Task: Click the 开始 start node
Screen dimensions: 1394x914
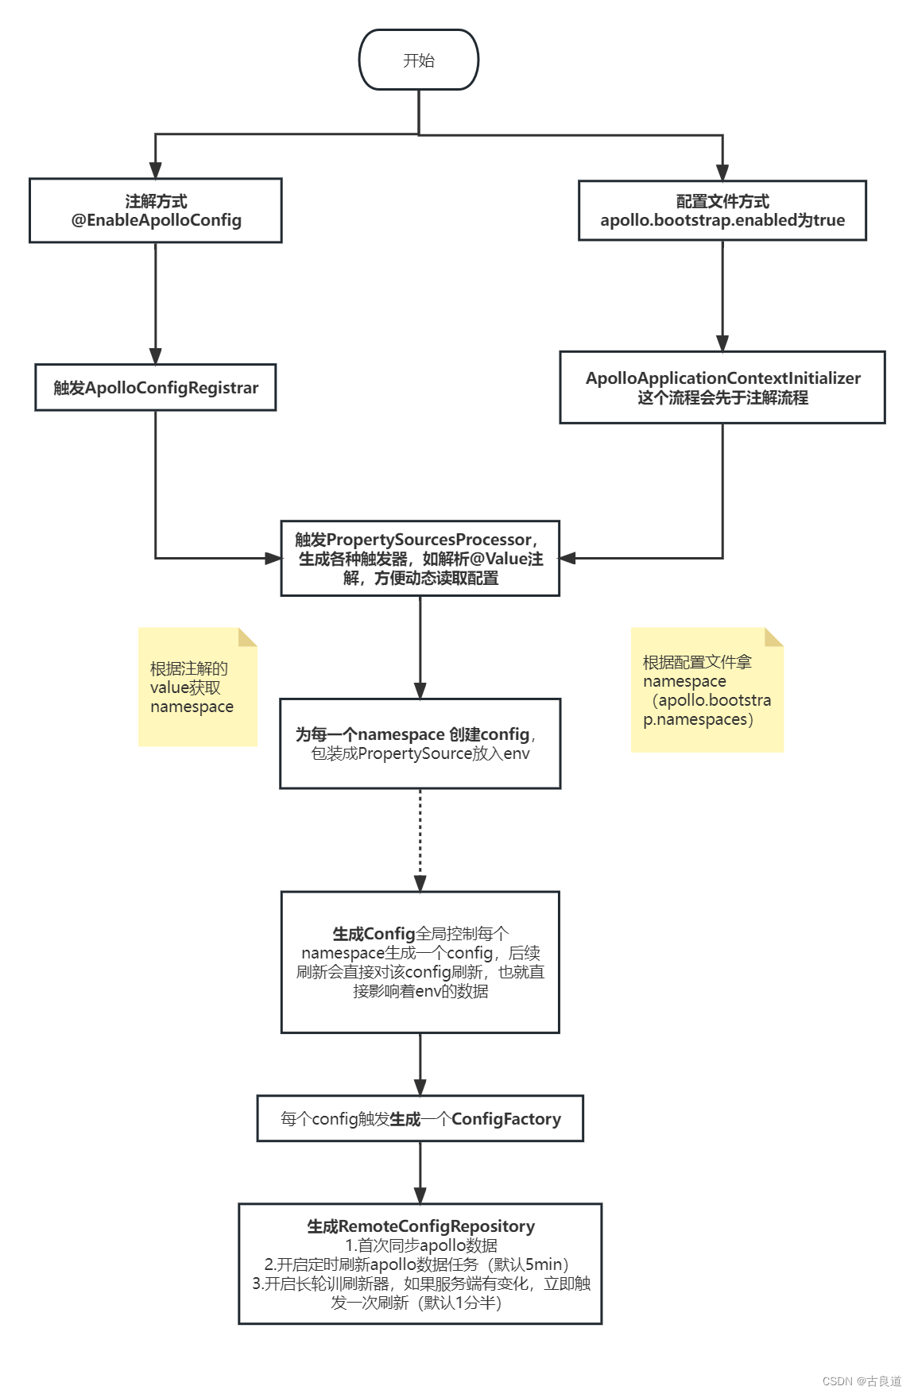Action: coord(419,60)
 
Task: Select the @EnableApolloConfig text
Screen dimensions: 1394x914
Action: coord(157,220)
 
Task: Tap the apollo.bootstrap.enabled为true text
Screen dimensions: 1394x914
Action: coord(722,220)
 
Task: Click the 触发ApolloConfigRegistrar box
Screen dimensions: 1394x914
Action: coord(156,388)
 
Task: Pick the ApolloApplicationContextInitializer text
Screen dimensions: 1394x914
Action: coord(722,378)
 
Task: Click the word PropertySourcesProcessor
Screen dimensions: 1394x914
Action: coord(428,540)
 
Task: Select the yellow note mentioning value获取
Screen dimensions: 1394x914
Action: coord(197,687)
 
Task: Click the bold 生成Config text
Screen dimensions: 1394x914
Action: coord(374,934)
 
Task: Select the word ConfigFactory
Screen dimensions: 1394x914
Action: coord(506,1119)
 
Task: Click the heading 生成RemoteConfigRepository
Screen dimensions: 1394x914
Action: coord(420,1226)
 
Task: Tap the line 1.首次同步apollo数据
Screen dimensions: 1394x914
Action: coord(420,1245)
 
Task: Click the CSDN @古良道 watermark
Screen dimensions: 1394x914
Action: coord(862,1381)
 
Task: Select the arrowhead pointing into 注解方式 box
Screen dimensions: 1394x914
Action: coord(156,170)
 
